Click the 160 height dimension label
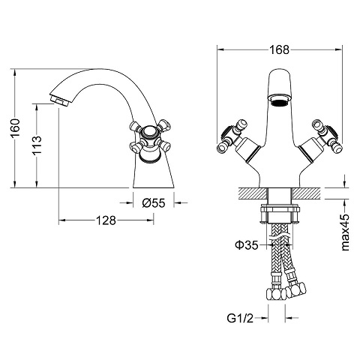15,128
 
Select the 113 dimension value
37,145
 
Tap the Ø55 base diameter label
154,202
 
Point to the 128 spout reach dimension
106,220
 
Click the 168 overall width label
279,49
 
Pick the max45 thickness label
345,232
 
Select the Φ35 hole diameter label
246,245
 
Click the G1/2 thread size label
240,318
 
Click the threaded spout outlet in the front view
280,102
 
